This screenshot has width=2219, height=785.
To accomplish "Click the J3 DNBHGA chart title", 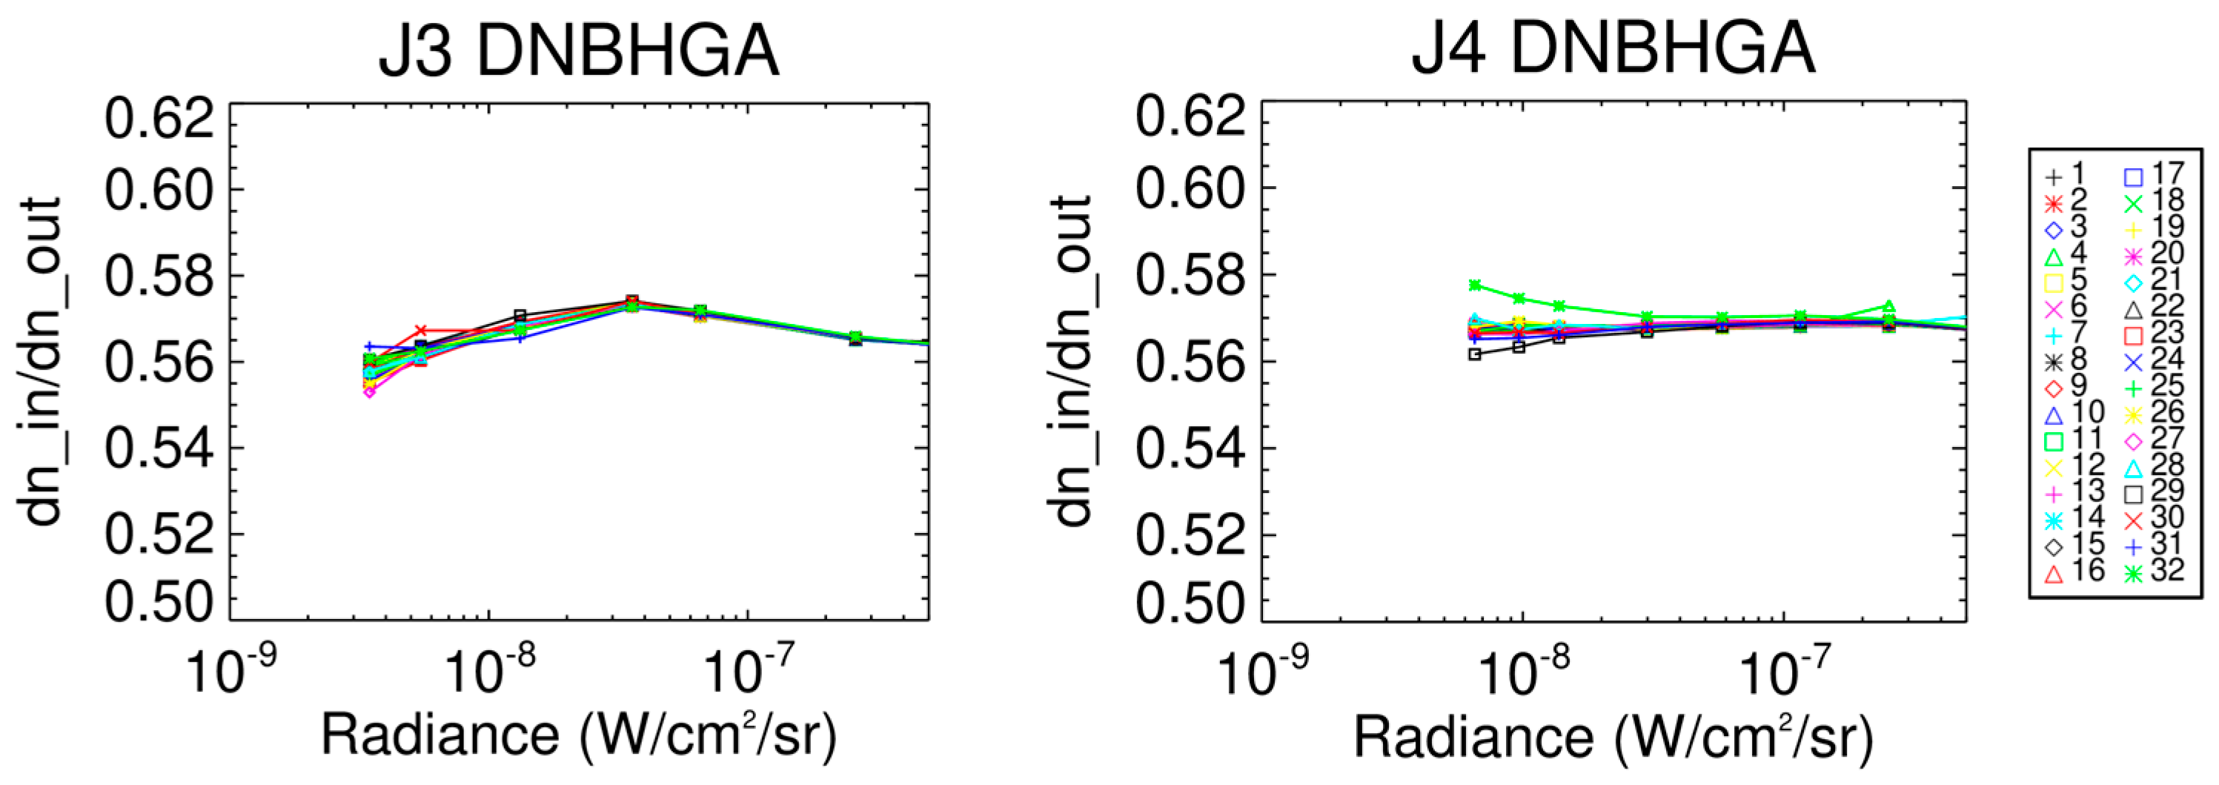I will coord(579,52).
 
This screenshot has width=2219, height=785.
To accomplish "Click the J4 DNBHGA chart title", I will coord(1613,52).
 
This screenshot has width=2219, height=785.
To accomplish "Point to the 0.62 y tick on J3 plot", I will coord(159,118).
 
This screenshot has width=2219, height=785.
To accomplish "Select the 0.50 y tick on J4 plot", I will coord(1190,603).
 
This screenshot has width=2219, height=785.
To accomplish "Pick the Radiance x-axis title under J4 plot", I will coord(1613,738).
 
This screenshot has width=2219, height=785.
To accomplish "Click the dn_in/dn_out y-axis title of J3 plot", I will coord(43,362).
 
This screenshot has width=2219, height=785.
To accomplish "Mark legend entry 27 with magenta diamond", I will coord(2160,440).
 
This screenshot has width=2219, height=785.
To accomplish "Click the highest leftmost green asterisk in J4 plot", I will coord(1475,285).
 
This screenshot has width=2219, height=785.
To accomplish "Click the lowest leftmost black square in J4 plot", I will coord(1475,354).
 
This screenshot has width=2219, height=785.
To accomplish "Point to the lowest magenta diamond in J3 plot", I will coord(370,392).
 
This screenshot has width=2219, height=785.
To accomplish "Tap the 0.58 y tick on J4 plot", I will coord(1190,276).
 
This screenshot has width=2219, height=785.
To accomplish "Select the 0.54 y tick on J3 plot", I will coord(159,449).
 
